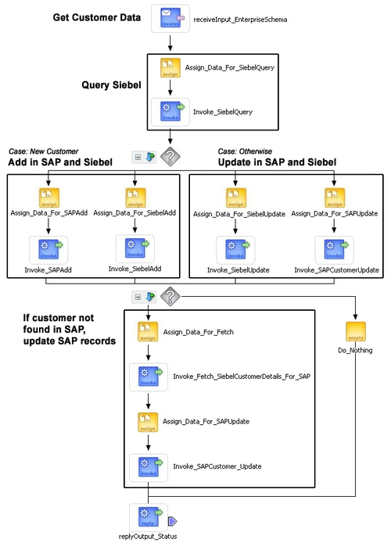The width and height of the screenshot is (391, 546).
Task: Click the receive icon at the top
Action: tap(170, 18)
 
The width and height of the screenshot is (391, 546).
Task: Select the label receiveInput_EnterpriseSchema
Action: tap(240, 20)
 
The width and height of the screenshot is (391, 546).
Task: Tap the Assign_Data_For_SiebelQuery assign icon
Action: tap(170, 67)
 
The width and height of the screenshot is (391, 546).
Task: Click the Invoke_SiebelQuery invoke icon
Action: tap(170, 112)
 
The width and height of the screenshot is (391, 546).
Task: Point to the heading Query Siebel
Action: tap(111, 85)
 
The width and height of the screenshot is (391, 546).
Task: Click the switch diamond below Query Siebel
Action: tap(170, 156)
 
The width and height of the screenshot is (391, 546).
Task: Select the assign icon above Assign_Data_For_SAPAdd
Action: tap(49, 198)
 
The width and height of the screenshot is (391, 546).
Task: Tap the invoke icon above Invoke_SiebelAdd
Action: tap(135, 248)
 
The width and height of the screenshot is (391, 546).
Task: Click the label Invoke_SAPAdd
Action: tap(48, 269)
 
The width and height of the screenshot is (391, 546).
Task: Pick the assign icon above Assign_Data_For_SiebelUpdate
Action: tap(236, 198)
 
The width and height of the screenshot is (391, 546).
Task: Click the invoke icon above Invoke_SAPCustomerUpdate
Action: tap(334, 249)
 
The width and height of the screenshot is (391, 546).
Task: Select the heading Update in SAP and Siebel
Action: tap(277, 162)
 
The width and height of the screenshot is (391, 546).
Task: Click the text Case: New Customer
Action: tap(44, 152)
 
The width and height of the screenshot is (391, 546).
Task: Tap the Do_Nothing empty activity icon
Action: tap(356, 331)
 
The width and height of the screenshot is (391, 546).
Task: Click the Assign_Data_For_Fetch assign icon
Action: tap(148, 332)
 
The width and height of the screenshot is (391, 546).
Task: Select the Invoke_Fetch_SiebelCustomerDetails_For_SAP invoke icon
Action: tap(149, 377)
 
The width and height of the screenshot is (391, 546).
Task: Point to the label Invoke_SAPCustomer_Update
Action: tap(217, 466)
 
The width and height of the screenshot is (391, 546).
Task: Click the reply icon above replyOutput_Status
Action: tap(149, 517)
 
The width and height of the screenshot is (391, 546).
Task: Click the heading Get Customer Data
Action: tap(97, 17)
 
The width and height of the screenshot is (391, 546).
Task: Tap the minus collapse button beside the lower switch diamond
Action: tap(138, 297)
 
